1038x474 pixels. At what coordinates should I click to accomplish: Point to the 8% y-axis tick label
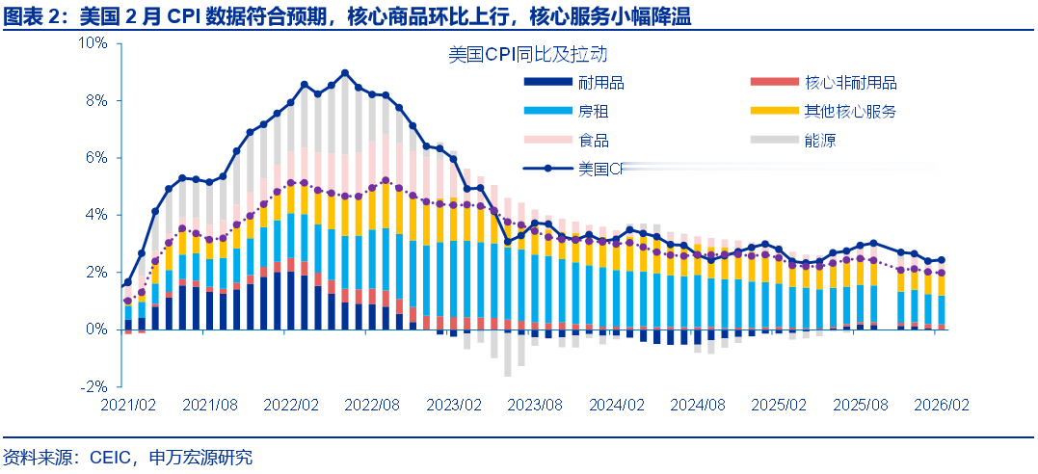pos(96,100)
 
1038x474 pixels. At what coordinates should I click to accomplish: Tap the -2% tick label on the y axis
pos(93,386)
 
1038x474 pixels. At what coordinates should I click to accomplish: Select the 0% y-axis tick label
pos(96,329)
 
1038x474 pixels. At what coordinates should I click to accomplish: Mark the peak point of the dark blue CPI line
pos(345,73)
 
